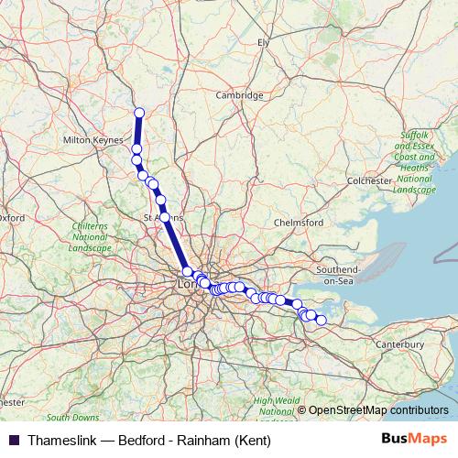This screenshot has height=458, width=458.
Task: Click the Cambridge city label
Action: coord(240,95)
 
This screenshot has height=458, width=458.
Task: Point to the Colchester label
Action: coord(369,181)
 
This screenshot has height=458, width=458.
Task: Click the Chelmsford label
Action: coord(300,223)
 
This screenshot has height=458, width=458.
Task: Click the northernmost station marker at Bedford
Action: coord(139,113)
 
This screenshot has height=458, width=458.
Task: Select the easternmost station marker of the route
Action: coord(321,320)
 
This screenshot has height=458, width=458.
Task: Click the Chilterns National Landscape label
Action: coord(91,236)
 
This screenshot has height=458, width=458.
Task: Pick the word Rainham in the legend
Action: coord(206,441)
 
